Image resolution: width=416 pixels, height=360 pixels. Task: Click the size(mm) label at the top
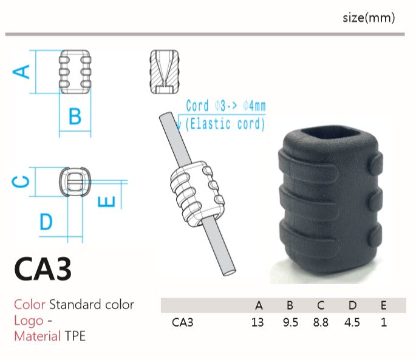(369, 18)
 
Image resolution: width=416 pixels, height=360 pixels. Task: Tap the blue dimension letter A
(21, 72)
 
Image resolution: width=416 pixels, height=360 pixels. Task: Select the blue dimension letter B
(75, 116)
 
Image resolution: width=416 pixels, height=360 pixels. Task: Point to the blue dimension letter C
(21, 182)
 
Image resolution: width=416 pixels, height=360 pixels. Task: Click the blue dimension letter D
(46, 222)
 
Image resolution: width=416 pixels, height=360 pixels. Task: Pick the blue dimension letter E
(106, 202)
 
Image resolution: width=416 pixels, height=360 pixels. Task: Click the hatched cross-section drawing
(165, 72)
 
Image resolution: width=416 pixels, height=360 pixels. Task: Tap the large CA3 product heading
(43, 269)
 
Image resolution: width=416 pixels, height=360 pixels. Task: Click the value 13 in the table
(257, 322)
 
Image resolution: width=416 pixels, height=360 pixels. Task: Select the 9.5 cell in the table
(290, 322)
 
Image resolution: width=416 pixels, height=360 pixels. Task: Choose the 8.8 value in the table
(321, 322)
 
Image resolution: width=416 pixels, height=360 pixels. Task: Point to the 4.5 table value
(352, 322)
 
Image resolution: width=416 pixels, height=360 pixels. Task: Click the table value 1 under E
(384, 322)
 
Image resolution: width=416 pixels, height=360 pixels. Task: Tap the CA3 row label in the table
(183, 322)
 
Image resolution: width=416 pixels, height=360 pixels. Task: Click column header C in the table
(321, 305)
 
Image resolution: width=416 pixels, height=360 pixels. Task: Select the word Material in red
(38, 336)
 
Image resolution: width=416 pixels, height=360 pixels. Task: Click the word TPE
(75, 336)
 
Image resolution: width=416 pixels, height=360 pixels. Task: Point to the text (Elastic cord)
(225, 124)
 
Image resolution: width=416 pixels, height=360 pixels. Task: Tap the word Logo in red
(29, 321)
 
